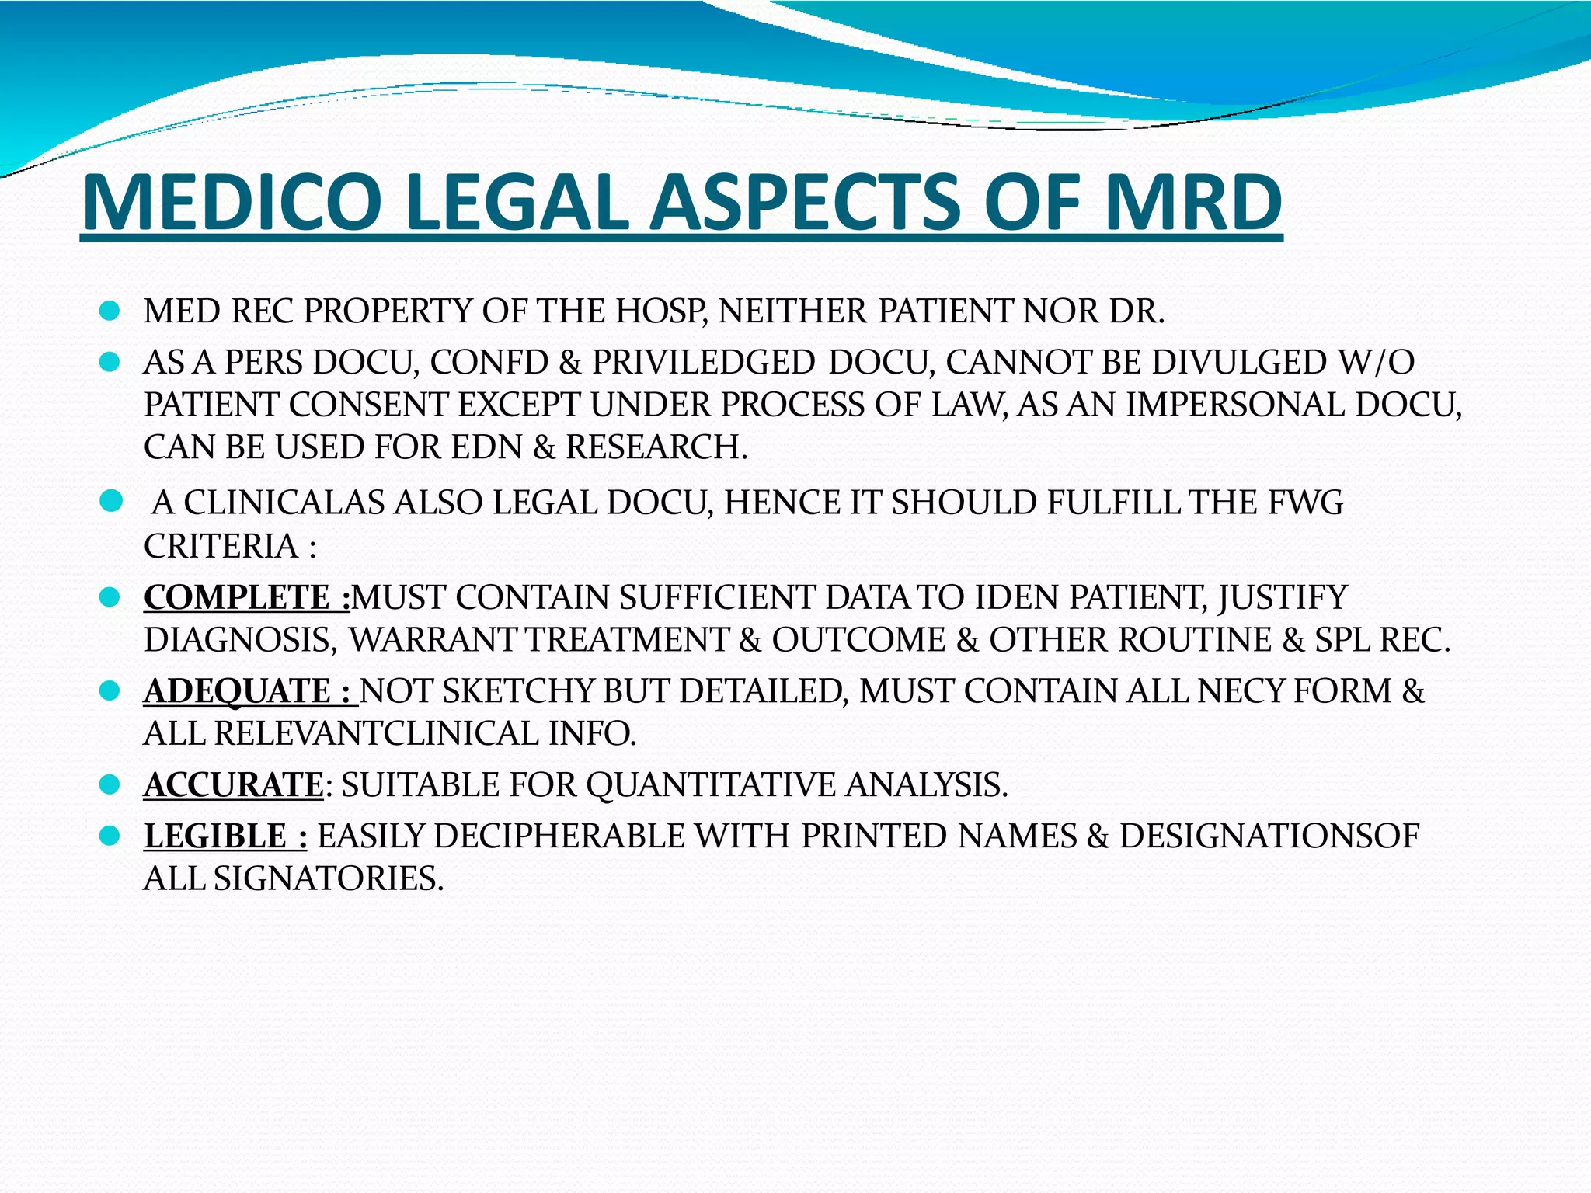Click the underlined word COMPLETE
coord(237,597)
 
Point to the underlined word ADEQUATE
coord(238,691)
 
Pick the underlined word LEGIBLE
coord(215,836)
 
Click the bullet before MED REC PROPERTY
coord(110,311)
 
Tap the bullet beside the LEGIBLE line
coord(110,836)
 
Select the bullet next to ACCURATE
coord(110,784)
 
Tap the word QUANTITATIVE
coord(710,784)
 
